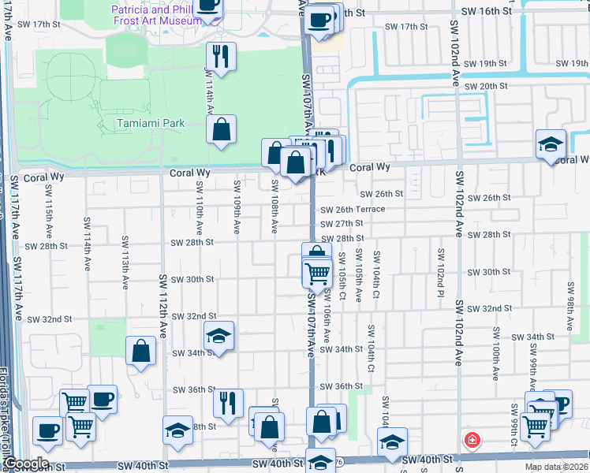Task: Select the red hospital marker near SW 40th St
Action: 472,440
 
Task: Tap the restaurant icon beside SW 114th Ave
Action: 222,56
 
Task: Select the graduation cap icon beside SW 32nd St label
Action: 218,336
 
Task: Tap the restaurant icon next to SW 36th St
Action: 228,403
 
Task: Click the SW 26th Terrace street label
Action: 353,209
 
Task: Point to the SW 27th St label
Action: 341,223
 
